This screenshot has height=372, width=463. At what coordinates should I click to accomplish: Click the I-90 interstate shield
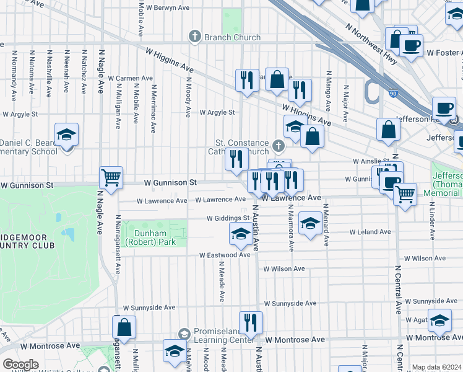coord(376,93)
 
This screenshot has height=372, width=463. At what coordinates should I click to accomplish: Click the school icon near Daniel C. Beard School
coord(66,135)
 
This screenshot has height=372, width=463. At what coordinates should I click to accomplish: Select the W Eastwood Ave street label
coord(225,255)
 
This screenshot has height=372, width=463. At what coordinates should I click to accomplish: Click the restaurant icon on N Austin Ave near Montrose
coord(251,322)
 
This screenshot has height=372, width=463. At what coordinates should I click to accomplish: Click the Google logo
coord(20,365)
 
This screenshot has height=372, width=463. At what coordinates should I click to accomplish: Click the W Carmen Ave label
coord(130,78)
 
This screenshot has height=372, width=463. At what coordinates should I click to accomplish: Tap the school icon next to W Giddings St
coord(240,234)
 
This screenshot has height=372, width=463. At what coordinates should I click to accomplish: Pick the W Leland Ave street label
coord(370,232)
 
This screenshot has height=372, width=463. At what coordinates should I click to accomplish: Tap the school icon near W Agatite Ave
coord(439,321)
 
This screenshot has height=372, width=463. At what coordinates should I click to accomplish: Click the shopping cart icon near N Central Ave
coord(405,195)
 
